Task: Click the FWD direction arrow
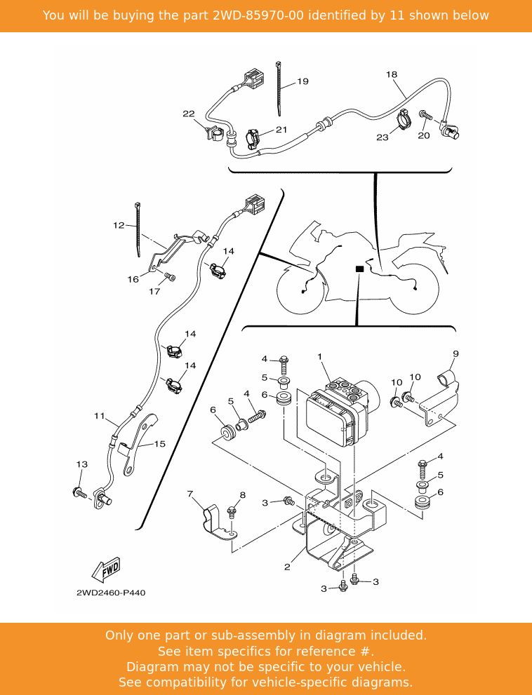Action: tap(106, 569)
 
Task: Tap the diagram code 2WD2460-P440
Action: tap(111, 593)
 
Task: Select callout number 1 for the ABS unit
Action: tap(319, 357)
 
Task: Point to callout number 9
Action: tap(455, 353)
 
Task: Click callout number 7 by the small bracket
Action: tap(189, 494)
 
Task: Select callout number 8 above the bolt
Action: tap(242, 495)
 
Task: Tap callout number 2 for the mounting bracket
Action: tap(287, 567)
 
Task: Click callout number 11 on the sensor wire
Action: tap(99, 416)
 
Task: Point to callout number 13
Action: tap(81, 464)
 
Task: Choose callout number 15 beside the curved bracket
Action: tap(160, 444)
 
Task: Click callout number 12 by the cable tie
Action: tap(118, 225)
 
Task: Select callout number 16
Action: tap(133, 279)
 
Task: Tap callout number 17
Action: tap(154, 292)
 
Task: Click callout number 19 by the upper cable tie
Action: tap(302, 81)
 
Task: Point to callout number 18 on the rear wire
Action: tap(392, 74)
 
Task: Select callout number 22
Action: tap(188, 114)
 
